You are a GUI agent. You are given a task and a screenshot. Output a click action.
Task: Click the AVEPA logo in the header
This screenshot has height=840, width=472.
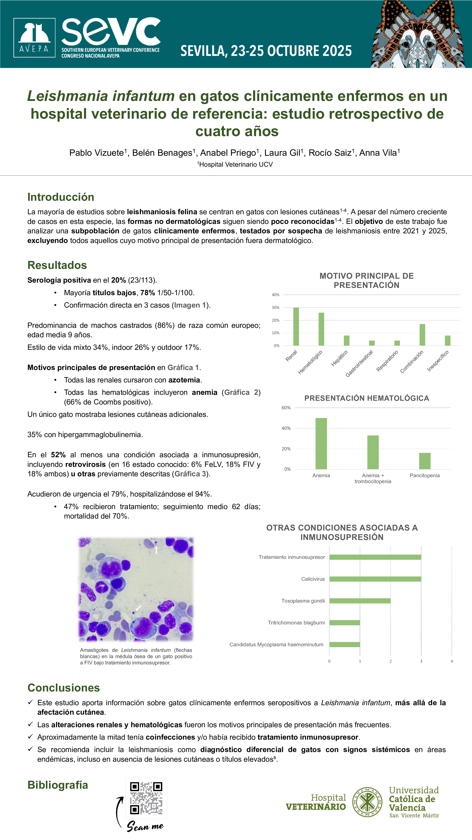[34, 38]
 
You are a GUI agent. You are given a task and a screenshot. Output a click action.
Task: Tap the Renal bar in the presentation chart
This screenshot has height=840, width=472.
[296, 326]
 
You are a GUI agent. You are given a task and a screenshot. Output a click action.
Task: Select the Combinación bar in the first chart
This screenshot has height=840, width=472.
[422, 335]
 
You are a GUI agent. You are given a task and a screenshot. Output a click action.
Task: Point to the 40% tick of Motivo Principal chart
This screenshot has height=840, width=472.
[276, 295]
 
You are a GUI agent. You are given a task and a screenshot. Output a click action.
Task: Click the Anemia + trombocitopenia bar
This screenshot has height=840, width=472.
[373, 452]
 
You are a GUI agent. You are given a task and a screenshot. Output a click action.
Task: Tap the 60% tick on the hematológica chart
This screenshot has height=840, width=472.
[286, 408]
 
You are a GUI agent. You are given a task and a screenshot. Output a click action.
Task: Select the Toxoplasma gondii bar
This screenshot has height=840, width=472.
[360, 601]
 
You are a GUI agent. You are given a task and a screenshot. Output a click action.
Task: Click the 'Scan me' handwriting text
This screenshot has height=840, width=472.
[145, 826]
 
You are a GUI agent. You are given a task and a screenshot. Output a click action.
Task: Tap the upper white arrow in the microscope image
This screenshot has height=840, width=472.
[156, 550]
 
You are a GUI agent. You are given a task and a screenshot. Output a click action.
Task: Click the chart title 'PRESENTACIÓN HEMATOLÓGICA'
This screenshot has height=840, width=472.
[367, 398]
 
